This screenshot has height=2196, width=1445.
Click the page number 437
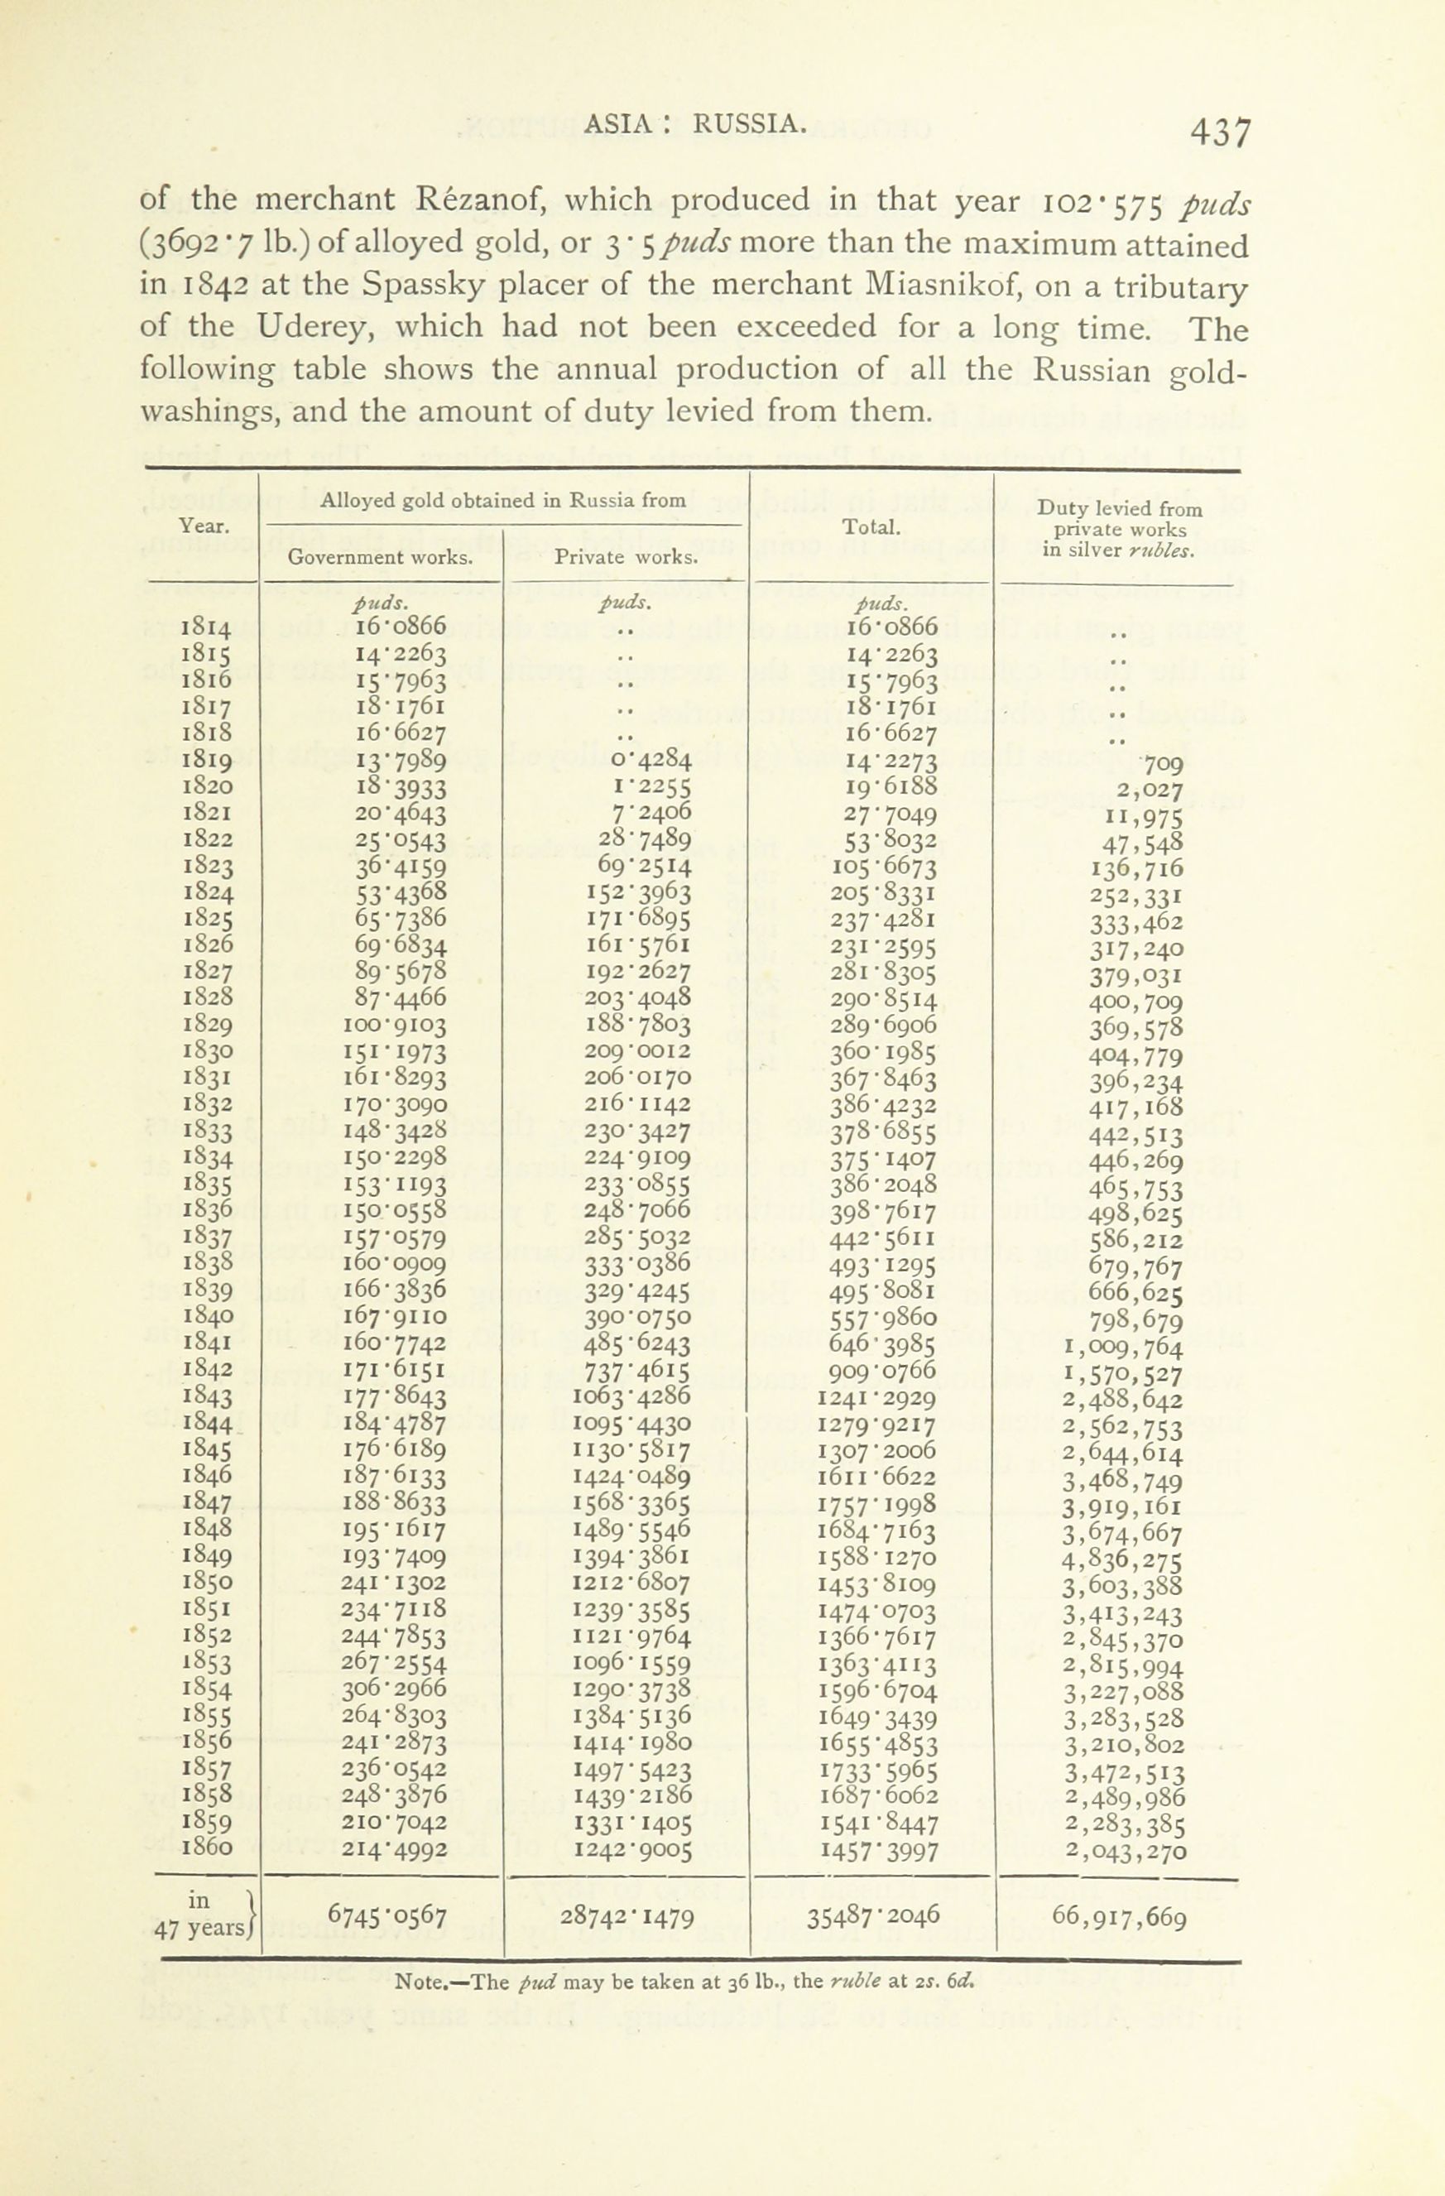click(1220, 133)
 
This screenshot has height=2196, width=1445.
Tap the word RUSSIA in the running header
click(749, 123)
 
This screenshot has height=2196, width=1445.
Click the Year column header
click(204, 526)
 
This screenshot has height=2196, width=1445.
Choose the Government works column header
click(381, 557)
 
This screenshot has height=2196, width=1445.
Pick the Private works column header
click(626, 557)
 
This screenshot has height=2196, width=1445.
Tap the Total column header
click(872, 528)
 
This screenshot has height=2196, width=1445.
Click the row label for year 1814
click(207, 628)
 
